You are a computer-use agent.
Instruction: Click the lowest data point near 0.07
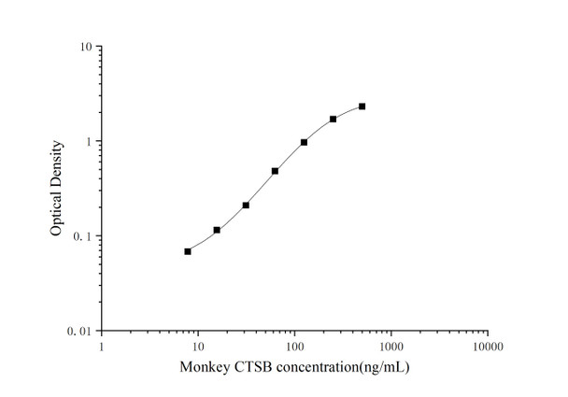tap(188, 251)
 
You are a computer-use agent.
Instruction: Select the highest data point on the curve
tap(362, 106)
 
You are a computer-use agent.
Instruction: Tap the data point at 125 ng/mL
tap(304, 142)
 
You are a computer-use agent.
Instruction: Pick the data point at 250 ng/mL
tap(333, 119)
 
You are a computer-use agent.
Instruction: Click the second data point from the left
tap(217, 230)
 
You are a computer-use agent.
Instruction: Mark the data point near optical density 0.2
tap(246, 205)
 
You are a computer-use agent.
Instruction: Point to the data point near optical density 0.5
tap(275, 171)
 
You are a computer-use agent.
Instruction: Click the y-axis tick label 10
tap(84, 47)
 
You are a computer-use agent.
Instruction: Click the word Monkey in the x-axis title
tap(202, 368)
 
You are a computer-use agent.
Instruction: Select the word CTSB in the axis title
tap(248, 367)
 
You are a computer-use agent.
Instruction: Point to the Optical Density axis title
tap(58, 188)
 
